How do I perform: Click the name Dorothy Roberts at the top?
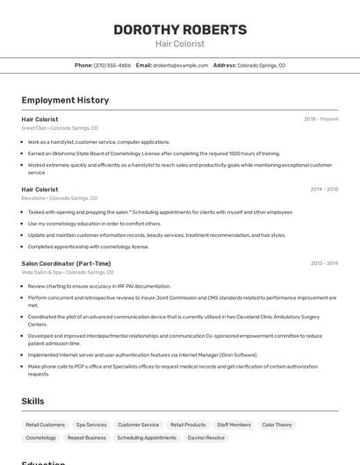tap(180, 30)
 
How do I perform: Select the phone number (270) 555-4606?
tap(112, 65)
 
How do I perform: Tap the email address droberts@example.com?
tap(180, 65)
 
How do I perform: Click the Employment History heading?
tap(65, 100)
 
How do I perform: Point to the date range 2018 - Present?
tap(320, 118)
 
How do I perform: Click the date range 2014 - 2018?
tap(324, 189)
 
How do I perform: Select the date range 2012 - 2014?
tap(324, 263)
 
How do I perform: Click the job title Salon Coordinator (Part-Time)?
tap(66, 263)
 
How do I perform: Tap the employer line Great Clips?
tap(60, 128)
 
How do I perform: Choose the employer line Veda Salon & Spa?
tap(66, 272)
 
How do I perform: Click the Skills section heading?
tap(33, 401)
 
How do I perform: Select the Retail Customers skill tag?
tap(46, 425)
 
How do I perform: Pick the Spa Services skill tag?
tap(91, 425)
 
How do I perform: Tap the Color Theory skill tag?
tap(277, 425)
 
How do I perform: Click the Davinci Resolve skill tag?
tap(206, 437)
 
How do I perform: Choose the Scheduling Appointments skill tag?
tap(147, 437)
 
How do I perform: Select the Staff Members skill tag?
tap(234, 425)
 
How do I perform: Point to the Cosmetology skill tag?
tap(41, 437)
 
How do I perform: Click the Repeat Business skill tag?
tap(87, 437)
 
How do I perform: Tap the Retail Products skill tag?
tap(188, 425)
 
